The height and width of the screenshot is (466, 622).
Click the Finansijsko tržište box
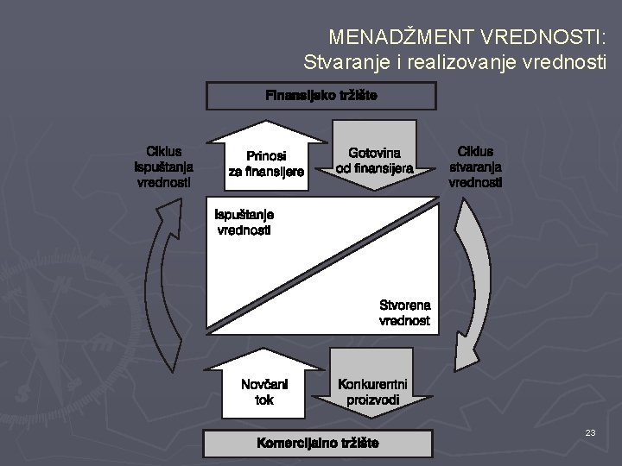pos(321,95)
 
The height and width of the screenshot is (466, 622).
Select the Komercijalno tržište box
pos(317,444)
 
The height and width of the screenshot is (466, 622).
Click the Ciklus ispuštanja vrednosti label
pos(164,167)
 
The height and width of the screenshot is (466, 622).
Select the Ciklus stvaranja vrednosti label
pos(475,167)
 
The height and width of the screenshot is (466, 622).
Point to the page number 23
pos(590,432)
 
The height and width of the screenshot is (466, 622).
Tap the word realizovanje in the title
pos(461,62)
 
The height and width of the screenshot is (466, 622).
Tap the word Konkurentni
pos(372,384)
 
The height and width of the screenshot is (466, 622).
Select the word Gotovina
pos(374,153)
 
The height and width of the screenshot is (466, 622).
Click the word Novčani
pos(264,384)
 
